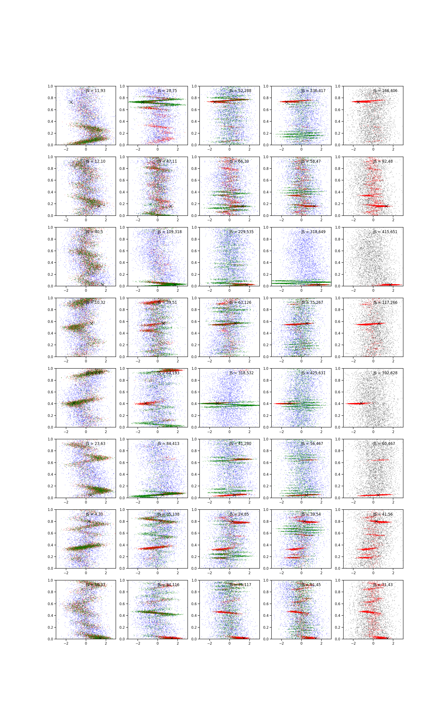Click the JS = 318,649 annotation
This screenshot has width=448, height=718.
point(313,232)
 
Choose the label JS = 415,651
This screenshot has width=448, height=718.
point(385,232)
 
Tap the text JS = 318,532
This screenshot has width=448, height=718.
point(241,373)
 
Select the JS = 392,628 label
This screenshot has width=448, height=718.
point(385,373)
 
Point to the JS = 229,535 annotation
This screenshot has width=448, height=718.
point(241,232)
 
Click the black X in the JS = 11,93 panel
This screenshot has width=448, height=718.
point(71,102)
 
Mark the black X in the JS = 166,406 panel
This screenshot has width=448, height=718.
point(358,102)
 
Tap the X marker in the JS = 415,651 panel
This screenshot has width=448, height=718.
point(390,285)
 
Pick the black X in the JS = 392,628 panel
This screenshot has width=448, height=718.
point(361,403)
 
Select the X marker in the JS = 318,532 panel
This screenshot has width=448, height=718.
point(217,403)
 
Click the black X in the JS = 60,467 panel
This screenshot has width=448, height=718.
point(378,495)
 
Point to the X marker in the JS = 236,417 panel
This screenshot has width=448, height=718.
point(286,102)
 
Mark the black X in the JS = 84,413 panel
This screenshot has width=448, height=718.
point(163,495)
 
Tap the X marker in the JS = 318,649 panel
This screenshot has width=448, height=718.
point(319,285)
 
